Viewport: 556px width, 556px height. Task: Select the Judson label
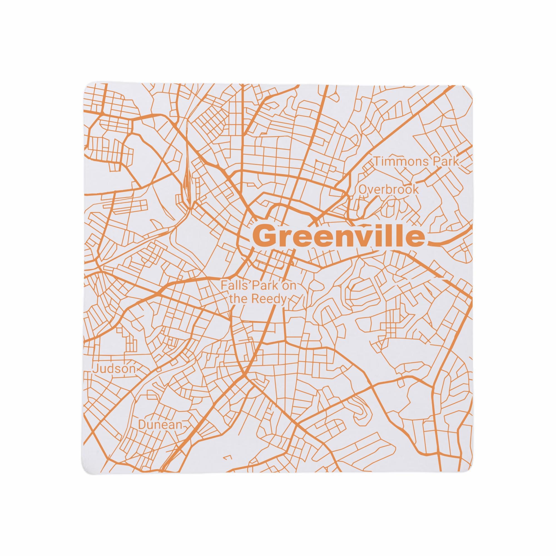coord(114,369)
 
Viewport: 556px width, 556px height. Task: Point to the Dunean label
coord(160,433)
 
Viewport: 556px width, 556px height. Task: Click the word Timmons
coord(398,162)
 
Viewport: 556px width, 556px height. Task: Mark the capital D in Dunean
coord(142,433)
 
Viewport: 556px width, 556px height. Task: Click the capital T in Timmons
coord(377,162)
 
